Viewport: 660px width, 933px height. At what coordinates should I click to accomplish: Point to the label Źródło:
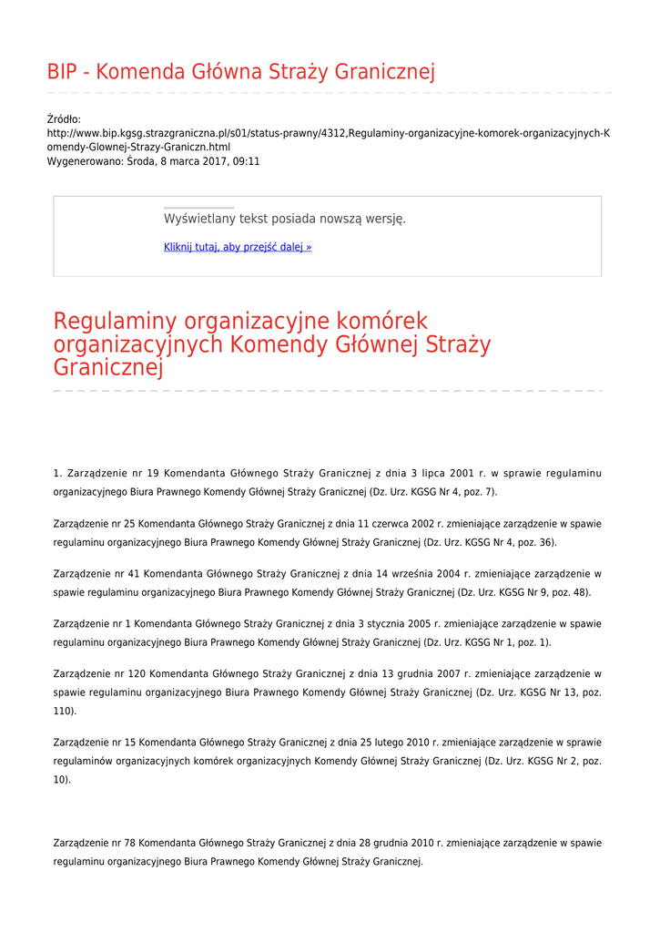pyautogui.click(x=64, y=119)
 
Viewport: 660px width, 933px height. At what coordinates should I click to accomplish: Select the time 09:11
pyautogui.click(x=247, y=161)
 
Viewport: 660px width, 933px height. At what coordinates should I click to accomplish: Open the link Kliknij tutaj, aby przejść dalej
pyautogui.click(x=237, y=247)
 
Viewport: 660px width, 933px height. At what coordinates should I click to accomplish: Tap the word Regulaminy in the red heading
pyautogui.click(x=117, y=322)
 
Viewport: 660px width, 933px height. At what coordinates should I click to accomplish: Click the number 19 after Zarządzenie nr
pyautogui.click(x=152, y=474)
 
